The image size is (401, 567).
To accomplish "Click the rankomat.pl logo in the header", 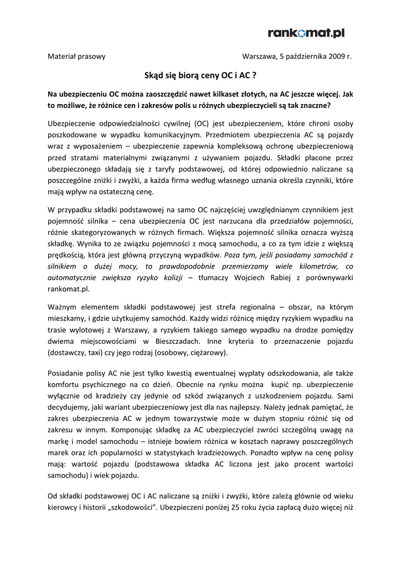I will (306, 34).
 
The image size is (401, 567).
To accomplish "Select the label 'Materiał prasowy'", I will (76, 56).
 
